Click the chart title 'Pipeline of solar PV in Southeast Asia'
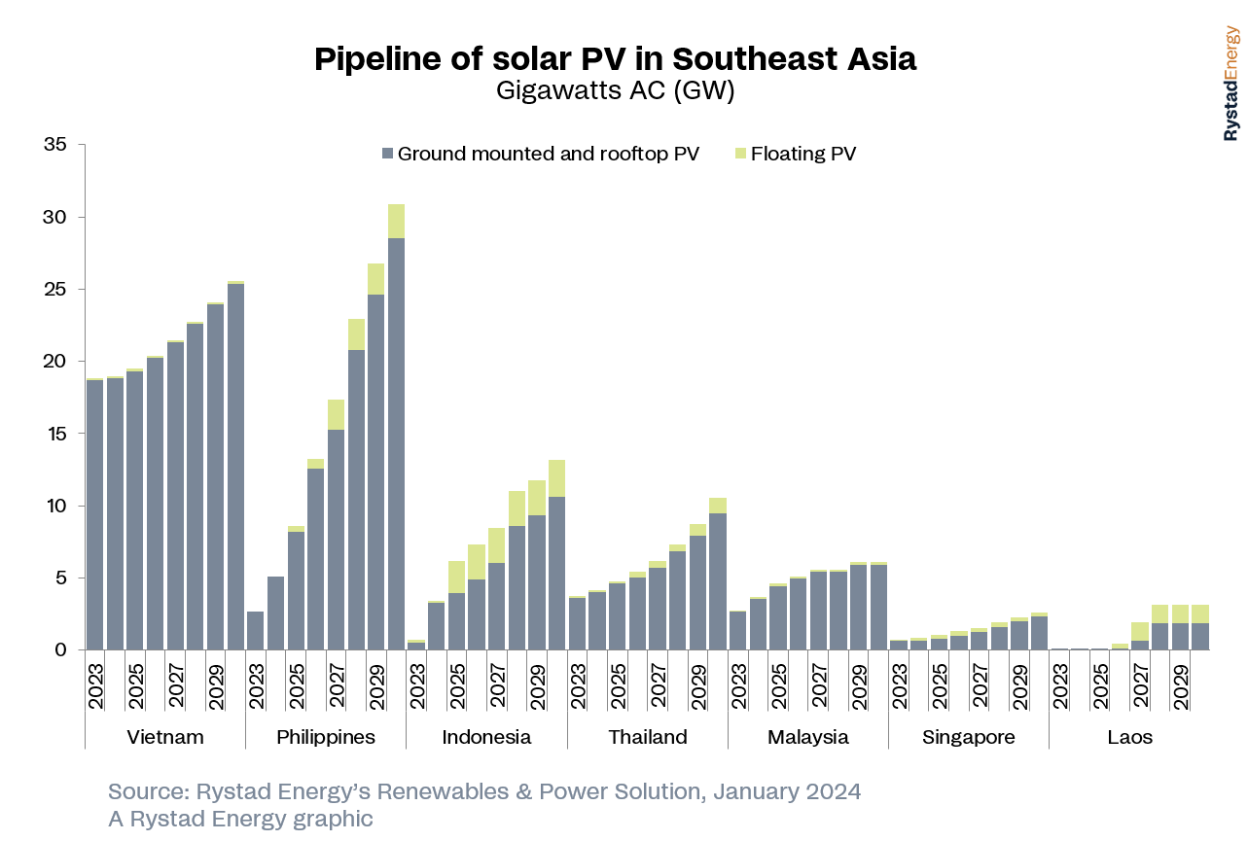pos(615,59)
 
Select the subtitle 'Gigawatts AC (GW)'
pos(615,91)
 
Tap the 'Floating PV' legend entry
pos(802,154)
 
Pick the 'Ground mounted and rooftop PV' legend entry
pos(548,154)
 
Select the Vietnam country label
pos(165,737)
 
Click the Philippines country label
pos(325,737)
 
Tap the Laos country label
pos(1129,737)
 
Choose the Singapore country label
pos(968,737)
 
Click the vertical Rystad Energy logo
pos(1231,84)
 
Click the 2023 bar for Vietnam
pos(94,515)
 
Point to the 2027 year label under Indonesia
pos(497,686)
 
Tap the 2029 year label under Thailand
pos(697,686)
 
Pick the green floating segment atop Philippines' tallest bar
pos(396,221)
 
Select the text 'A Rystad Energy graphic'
pos(240,819)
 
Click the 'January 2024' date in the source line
pos(787,791)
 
